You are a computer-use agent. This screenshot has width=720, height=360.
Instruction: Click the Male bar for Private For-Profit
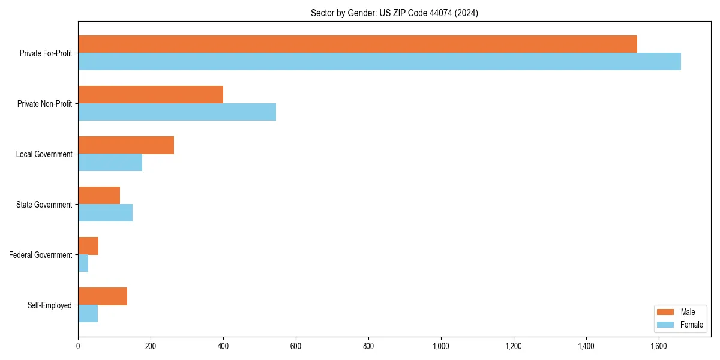[358, 44]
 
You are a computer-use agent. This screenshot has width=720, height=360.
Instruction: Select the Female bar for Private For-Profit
[379, 62]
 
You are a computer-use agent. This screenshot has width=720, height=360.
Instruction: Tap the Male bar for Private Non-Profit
[151, 94]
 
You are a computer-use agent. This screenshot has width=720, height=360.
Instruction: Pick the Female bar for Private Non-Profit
[177, 112]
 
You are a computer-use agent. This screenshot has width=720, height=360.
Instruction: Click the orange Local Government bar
[126, 145]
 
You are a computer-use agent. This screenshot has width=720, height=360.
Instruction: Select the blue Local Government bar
[110, 163]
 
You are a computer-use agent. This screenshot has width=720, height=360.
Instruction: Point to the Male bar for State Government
[99, 195]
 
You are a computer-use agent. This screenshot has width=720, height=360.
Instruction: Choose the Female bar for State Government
[105, 213]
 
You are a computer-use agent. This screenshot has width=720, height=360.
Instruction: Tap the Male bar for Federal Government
[88, 245]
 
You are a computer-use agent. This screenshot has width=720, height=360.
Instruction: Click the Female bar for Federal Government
[83, 263]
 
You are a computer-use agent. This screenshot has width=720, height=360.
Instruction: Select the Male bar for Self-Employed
[103, 296]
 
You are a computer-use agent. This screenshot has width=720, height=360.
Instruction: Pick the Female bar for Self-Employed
[88, 314]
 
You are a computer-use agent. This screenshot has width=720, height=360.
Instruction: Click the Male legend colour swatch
[665, 312]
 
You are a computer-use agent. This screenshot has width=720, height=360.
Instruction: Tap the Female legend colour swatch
[665, 325]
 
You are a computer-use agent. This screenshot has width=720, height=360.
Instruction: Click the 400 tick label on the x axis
[223, 346]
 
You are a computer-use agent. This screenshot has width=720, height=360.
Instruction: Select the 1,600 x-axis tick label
[659, 346]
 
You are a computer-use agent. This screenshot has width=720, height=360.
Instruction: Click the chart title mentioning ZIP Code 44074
[394, 13]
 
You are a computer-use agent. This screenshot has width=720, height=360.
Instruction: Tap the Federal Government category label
[41, 255]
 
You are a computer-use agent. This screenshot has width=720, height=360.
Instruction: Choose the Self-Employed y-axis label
[49, 305]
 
